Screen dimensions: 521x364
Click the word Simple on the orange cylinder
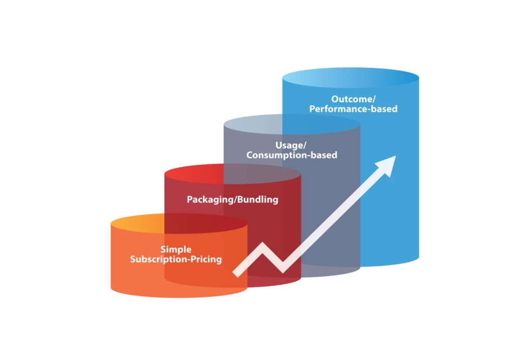tap(176, 249)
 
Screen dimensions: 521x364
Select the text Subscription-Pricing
tap(176, 259)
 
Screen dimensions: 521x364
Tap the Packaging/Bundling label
tap(233, 199)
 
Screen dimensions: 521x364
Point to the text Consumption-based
tap(292, 155)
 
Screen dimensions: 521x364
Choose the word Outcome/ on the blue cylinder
tap(353, 99)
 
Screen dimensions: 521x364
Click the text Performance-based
tap(353, 109)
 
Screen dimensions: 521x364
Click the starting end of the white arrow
tap(236, 274)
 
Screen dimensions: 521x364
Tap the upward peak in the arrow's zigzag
tap(264, 246)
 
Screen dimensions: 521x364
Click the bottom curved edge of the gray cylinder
tap(331, 275)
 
